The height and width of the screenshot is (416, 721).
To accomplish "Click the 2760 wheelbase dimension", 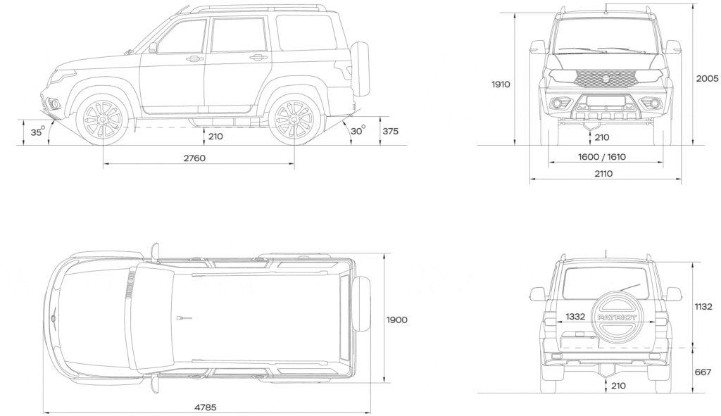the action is pyautogui.click(x=194, y=158).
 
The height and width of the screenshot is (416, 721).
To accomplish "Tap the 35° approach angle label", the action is pyautogui.click(x=38, y=132).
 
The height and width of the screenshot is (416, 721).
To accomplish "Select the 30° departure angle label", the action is pyautogui.click(x=358, y=130).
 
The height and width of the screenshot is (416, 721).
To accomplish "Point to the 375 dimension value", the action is pyautogui.click(x=390, y=132).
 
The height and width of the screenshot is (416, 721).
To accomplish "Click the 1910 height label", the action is pyautogui.click(x=501, y=84).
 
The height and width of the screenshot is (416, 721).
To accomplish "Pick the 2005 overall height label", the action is pyautogui.click(x=707, y=79).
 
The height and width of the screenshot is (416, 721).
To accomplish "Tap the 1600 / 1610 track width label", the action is pyautogui.click(x=602, y=157).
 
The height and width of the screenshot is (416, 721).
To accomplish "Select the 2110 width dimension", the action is pyautogui.click(x=603, y=174).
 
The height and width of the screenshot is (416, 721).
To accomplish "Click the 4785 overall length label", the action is pyautogui.click(x=205, y=408).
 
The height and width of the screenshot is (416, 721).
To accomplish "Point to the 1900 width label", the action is pyautogui.click(x=397, y=320).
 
